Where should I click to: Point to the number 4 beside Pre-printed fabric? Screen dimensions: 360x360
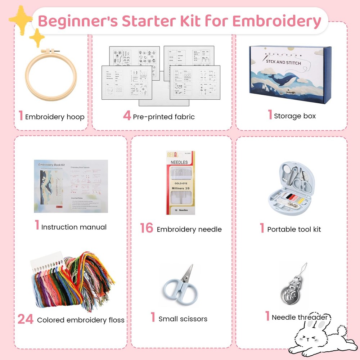tap(127, 116)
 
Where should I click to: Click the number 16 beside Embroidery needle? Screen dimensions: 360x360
tap(147, 228)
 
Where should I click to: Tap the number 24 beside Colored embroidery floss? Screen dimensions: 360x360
tap(25, 319)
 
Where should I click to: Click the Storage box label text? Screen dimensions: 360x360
tap(294, 116)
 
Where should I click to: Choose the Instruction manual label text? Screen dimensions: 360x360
tap(74, 227)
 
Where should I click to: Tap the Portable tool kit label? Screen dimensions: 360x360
tap(294, 229)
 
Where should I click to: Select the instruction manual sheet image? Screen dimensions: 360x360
tap(71, 182)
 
